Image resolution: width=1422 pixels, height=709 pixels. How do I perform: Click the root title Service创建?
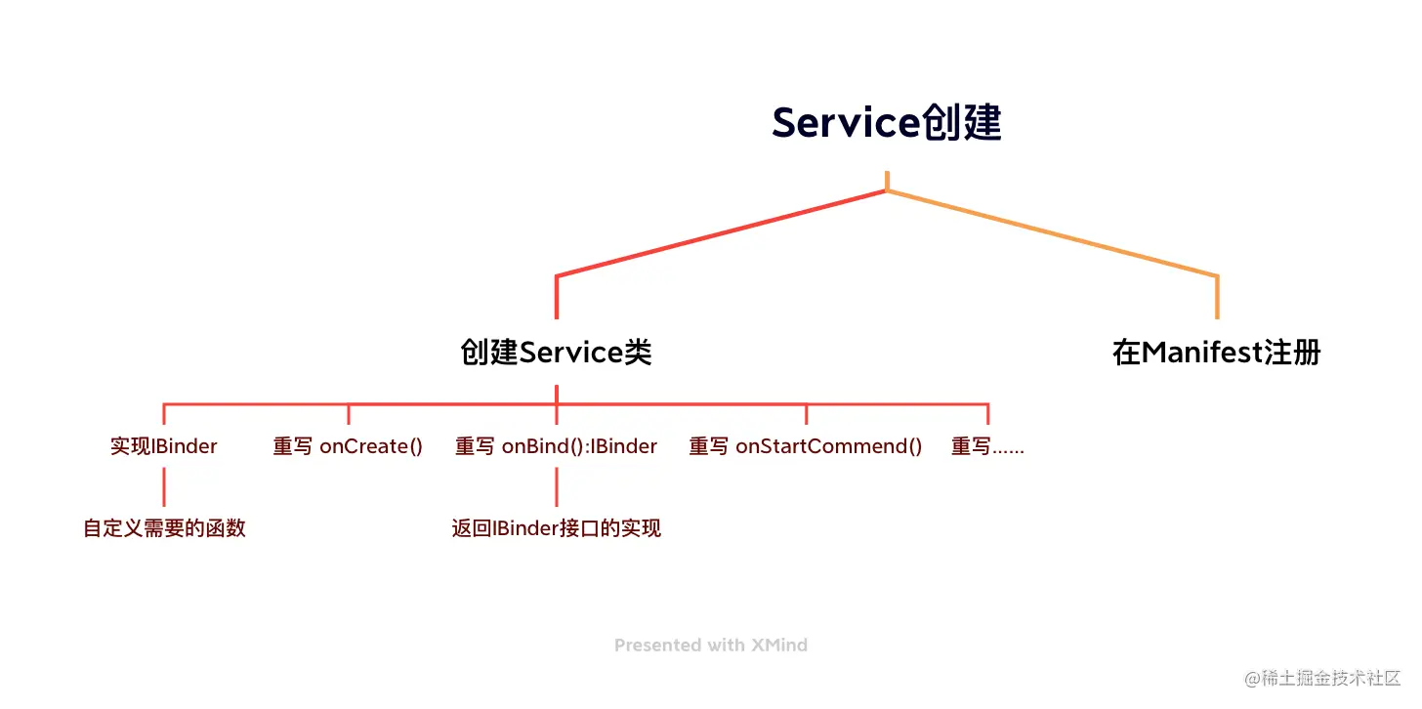coord(886,124)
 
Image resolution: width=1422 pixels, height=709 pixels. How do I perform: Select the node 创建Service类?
coord(556,352)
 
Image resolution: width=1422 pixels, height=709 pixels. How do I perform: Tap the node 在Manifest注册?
coord(1216,352)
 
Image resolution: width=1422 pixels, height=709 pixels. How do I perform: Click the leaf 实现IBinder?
coord(164,446)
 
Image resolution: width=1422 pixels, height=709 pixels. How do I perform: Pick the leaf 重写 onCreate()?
coord(348,446)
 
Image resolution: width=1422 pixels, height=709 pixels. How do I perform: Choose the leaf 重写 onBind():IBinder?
coord(556,446)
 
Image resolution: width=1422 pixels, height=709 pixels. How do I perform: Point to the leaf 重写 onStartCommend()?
coord(806,446)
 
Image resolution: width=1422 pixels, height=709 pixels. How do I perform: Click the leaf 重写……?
coord(987,446)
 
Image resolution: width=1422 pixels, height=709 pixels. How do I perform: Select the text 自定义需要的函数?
coord(164,528)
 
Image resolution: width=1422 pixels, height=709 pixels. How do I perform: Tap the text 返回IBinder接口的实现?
coord(556,528)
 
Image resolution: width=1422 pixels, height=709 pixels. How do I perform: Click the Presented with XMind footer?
coord(710,645)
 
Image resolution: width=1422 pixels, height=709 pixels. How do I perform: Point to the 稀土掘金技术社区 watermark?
coord(1322,678)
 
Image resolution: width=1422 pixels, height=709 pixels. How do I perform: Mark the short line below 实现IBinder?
coord(164,486)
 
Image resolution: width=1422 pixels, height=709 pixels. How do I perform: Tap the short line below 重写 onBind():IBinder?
coord(556,486)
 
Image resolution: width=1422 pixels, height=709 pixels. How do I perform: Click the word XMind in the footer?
coord(778,645)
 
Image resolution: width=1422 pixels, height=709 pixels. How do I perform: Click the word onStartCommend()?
coord(828,446)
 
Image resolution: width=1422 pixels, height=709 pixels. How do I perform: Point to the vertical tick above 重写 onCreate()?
coord(349,414)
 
